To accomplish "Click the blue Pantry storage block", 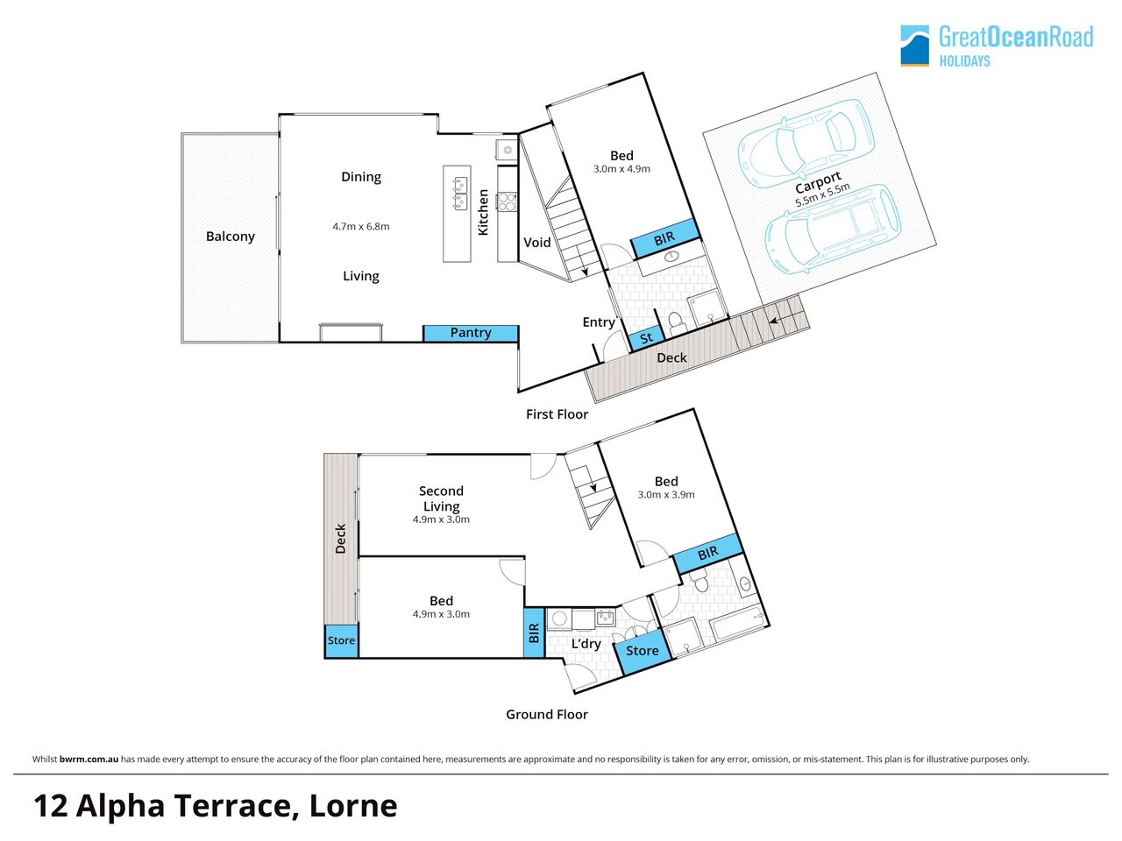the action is [x=470, y=334].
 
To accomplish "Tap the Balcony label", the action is [x=230, y=237].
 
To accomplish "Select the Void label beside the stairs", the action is [x=536, y=242].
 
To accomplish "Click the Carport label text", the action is [x=818, y=182].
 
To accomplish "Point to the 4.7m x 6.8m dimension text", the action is [x=361, y=226].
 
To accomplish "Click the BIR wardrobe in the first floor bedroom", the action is [x=665, y=238].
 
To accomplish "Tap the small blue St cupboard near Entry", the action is [x=647, y=338].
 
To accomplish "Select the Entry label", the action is [x=599, y=322].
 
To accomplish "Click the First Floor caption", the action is [x=557, y=414].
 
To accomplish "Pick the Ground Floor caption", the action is [x=547, y=714].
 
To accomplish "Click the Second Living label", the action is [x=441, y=498].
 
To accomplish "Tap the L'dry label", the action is [x=586, y=643].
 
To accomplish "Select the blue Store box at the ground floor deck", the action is [x=342, y=641].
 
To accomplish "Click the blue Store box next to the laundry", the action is [x=643, y=651].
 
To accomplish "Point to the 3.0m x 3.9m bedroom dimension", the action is [x=666, y=494].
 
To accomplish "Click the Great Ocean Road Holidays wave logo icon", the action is [x=914, y=46].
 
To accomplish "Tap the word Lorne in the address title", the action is [x=353, y=806].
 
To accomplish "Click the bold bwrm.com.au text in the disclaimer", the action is [x=89, y=760].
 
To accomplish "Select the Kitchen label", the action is [x=482, y=212].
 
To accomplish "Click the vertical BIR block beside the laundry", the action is [x=534, y=633].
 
